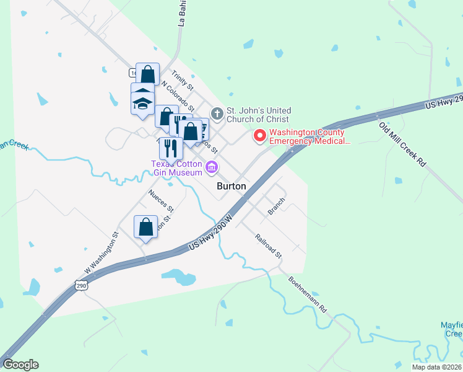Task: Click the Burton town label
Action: (x=231, y=186)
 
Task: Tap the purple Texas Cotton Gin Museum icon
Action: (x=212, y=166)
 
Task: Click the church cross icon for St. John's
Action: (x=217, y=113)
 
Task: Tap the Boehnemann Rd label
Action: (x=307, y=293)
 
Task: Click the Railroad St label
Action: (x=269, y=246)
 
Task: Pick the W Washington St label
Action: (x=101, y=253)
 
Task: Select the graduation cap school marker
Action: (x=142, y=101)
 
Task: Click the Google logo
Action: (x=20, y=365)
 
